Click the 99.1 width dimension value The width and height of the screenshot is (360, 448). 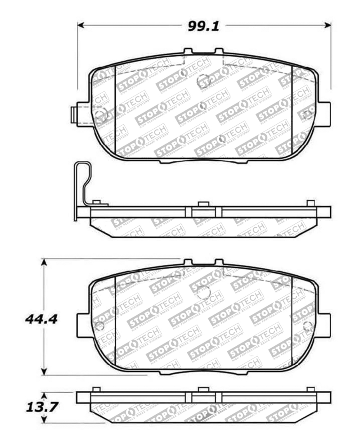203,26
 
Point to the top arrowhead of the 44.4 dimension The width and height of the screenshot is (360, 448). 44,262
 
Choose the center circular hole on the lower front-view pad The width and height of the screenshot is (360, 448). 203,292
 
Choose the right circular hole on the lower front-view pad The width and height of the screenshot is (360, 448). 308,326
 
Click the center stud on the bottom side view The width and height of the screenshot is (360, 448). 203,389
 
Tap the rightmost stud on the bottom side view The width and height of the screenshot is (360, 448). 310,389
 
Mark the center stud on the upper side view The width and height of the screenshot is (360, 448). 203,204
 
